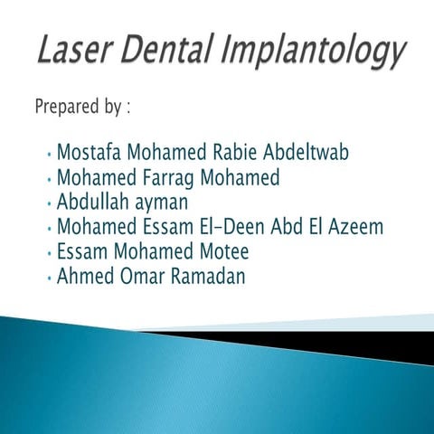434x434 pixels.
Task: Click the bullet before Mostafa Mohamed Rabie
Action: coord(47,153)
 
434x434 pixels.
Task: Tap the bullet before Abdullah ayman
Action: coord(47,203)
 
